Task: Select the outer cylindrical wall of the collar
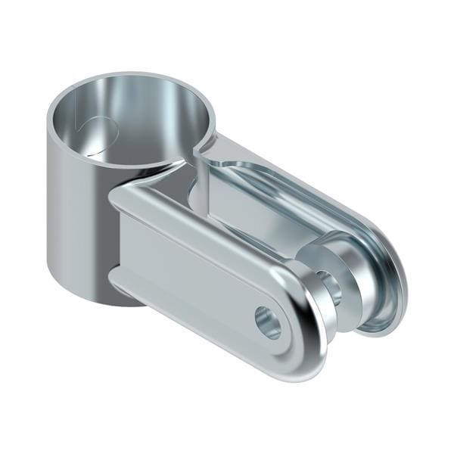pos(76,212)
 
